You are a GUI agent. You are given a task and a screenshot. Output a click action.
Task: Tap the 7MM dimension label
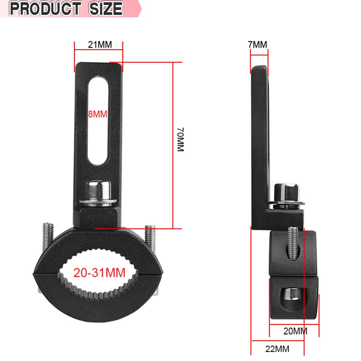point(257,45)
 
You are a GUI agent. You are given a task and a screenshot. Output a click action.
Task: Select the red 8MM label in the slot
point(97,114)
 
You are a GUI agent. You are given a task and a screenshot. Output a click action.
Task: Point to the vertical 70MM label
point(180,139)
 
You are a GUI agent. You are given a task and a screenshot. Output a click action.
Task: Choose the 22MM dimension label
point(277,349)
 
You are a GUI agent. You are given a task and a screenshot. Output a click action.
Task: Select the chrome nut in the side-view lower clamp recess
point(291,295)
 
